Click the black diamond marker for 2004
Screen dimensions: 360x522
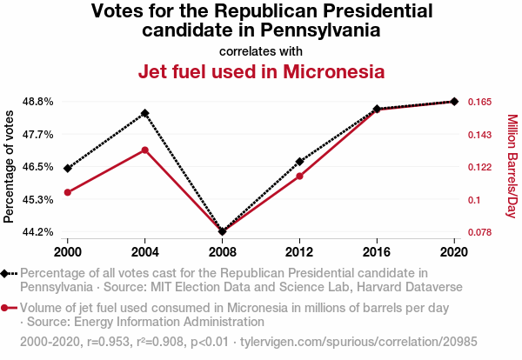(144, 113)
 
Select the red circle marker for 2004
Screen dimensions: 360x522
(144, 150)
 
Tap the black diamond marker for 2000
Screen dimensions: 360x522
(68, 168)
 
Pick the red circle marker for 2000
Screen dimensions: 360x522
(68, 192)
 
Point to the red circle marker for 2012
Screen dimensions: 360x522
(299, 177)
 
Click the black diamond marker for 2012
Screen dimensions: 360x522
(299, 162)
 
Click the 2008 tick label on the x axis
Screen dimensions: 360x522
(222, 251)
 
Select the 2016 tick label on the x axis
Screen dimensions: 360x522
(377, 251)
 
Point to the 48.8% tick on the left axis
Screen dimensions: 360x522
(38, 102)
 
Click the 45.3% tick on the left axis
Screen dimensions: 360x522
(38, 200)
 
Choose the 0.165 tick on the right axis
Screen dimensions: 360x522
(480, 102)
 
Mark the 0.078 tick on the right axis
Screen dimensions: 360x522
(480, 232)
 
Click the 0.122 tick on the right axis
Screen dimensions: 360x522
(480, 167)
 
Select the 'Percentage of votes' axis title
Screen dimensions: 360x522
(10, 167)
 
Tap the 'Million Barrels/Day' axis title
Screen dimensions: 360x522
(512, 167)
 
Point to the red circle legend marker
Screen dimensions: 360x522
(6, 308)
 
